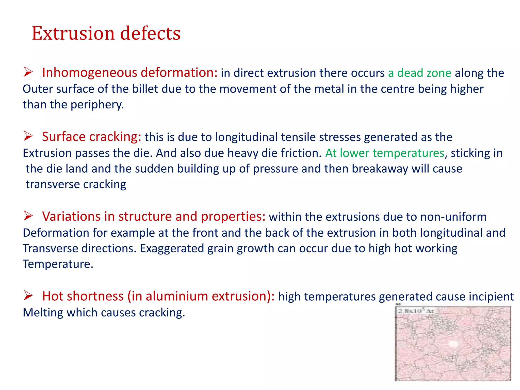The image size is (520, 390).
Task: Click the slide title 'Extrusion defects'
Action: click(106, 33)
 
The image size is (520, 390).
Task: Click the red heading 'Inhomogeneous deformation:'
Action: click(130, 73)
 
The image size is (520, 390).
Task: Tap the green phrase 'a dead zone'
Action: click(419, 73)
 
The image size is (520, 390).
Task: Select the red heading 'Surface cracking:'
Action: click(91, 137)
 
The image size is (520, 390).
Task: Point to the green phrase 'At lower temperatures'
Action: click(385, 153)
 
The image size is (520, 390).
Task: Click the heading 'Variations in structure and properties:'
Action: click(154, 217)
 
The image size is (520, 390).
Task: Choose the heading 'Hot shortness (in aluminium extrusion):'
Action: click(158, 296)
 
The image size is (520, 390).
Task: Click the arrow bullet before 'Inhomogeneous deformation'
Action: click(28, 72)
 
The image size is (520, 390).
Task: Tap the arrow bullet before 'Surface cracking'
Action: click(28, 136)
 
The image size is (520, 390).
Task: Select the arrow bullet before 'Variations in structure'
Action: click(28, 216)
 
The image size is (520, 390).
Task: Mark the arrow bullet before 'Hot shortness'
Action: click(28, 296)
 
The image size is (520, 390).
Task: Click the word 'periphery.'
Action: click(97, 105)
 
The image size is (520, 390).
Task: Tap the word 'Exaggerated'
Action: click(172, 249)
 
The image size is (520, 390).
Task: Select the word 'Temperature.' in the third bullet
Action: click(58, 264)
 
